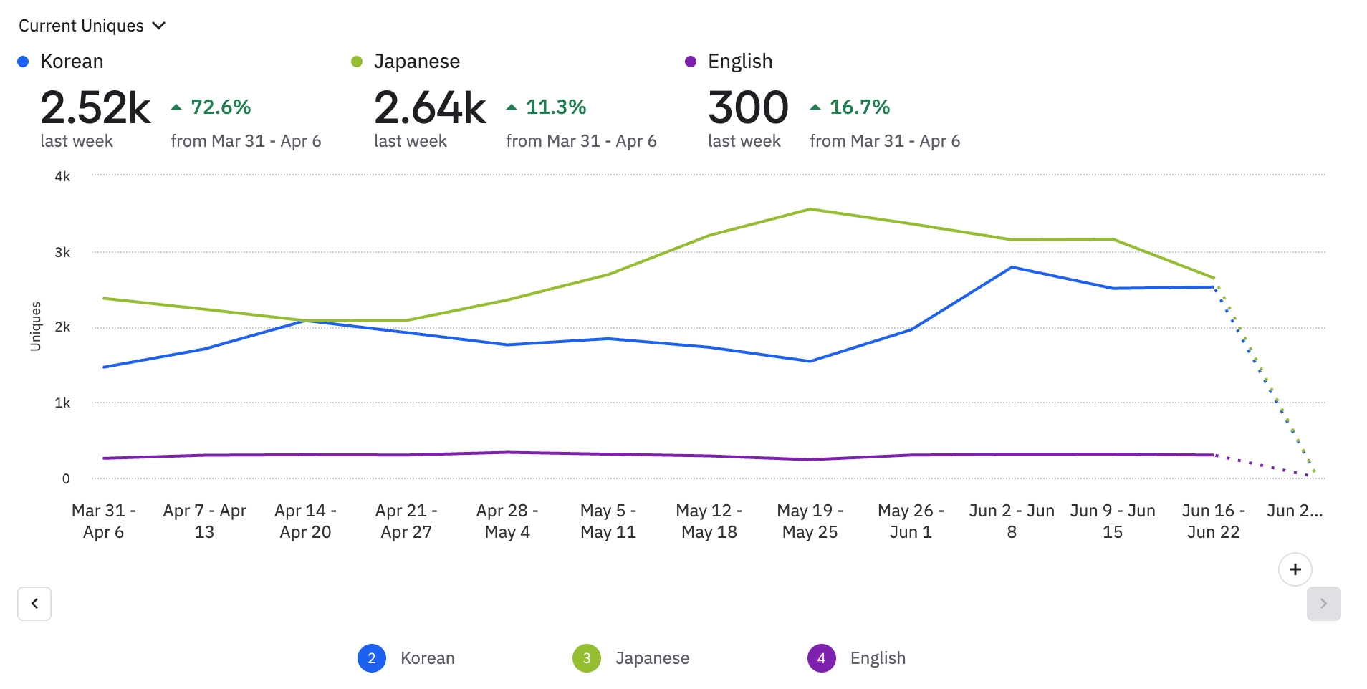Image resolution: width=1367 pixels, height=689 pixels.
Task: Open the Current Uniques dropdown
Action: [92, 26]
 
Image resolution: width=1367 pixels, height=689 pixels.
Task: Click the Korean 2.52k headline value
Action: [95, 108]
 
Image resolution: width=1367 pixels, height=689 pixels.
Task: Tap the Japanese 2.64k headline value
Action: [430, 108]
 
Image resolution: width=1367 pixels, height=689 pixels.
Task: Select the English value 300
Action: [748, 108]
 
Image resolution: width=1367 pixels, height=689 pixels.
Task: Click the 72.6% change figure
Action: [220, 107]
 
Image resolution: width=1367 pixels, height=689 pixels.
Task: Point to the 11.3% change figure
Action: [555, 107]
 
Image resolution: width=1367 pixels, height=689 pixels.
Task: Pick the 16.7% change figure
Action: [859, 107]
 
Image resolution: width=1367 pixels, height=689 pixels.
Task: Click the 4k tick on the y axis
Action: [62, 176]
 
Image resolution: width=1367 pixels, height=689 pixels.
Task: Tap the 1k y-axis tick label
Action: [62, 403]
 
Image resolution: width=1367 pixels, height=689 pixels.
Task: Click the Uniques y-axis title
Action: [36, 326]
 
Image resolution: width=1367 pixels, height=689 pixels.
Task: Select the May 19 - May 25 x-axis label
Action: [810, 521]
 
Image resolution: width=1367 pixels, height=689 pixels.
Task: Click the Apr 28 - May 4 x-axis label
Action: [507, 521]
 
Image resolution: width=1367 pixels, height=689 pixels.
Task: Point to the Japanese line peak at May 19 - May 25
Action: [810, 209]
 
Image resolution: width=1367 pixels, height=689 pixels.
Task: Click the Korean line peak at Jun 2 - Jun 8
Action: [1012, 267]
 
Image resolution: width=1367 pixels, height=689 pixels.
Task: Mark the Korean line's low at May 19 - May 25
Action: [810, 361]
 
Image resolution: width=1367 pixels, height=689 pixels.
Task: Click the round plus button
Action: [1295, 569]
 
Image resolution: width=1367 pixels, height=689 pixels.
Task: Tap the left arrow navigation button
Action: [34, 603]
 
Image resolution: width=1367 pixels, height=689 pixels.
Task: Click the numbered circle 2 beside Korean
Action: [371, 658]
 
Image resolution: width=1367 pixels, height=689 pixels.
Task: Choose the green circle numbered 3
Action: [586, 658]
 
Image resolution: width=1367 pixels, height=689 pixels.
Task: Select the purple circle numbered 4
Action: [821, 658]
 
